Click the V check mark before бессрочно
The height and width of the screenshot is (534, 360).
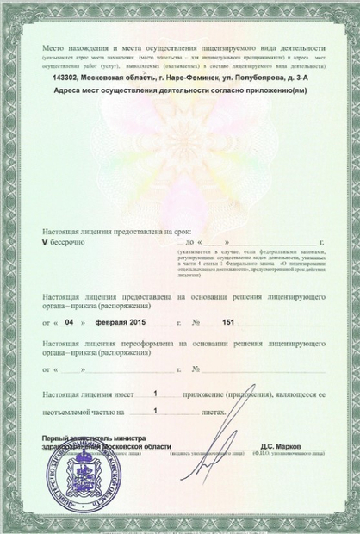45,244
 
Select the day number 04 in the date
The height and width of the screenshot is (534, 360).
69,323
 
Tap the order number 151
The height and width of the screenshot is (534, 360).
228,323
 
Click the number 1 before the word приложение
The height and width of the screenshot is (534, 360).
155,393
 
